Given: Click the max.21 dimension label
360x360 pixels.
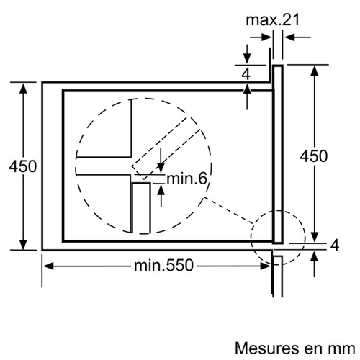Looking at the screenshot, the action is coord(273,19).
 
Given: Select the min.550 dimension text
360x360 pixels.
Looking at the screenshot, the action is coord(163,265).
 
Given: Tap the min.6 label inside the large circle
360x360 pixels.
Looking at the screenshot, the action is coord(186,179).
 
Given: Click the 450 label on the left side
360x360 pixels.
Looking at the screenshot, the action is coord(23,166).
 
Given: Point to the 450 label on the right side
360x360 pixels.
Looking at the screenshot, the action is coord(314,156).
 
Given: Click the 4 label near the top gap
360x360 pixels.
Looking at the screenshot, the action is coord(246,74).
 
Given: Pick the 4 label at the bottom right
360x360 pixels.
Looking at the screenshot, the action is coord(335,246).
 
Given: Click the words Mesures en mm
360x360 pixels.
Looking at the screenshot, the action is coord(295,348).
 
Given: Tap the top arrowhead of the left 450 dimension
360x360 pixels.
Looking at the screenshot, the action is coord(23,88).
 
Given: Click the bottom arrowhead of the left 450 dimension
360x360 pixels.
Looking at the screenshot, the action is coord(23,245).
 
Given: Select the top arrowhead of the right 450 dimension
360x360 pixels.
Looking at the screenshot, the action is coord(315,71).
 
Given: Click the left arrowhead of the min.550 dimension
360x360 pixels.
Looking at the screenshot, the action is coord(48,266).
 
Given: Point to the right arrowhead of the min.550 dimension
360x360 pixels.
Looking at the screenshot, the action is coord(266,266).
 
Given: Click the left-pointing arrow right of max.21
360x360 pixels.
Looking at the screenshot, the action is coord(297,37).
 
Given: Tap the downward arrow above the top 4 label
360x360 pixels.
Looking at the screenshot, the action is coord(247,54).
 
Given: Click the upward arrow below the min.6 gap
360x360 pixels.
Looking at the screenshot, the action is coord(161,196).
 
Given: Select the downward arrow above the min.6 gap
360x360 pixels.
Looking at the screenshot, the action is coord(161,160).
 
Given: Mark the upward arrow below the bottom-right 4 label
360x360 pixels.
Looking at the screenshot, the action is coord(315,264).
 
